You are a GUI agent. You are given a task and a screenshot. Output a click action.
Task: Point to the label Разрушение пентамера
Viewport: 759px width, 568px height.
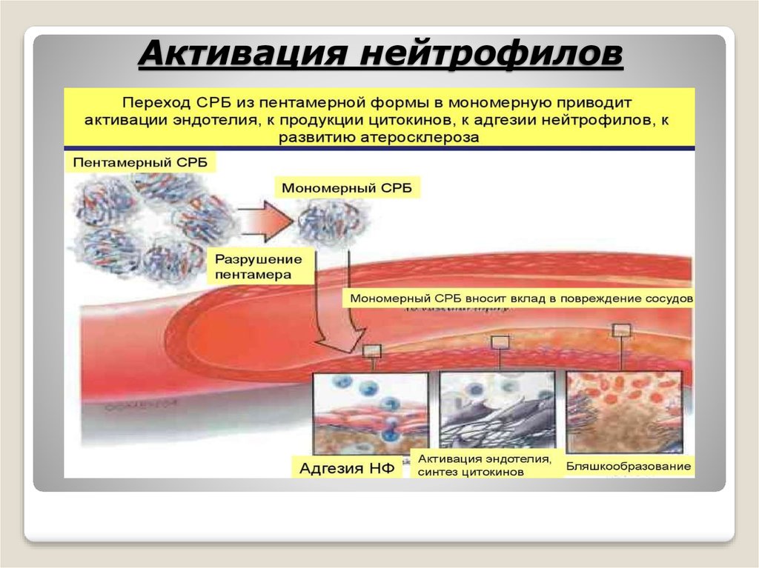point(258,267)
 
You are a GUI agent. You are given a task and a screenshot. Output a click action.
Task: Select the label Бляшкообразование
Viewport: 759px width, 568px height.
point(629,467)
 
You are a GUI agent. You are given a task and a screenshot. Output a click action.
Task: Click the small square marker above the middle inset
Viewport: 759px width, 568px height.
point(500,341)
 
